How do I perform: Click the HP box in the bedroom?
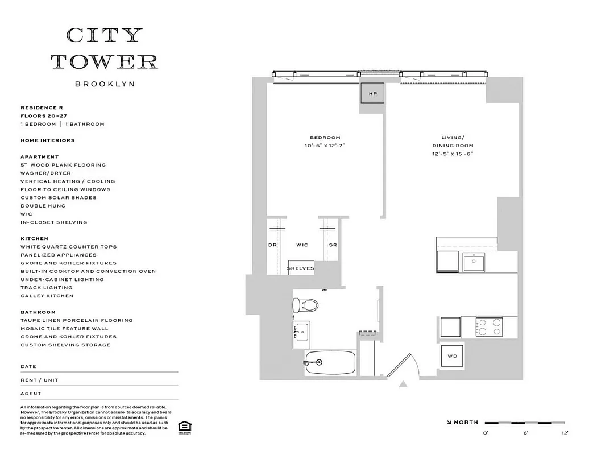pyautogui.click(x=373, y=93)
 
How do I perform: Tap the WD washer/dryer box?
pyautogui.click(x=452, y=356)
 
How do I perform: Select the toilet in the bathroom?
pyautogui.click(x=305, y=305)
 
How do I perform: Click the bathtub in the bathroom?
pyautogui.click(x=330, y=362)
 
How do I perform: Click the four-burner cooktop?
pyautogui.click(x=489, y=326)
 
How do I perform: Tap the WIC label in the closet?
pyautogui.click(x=302, y=245)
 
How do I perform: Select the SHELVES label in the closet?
pyautogui.click(x=300, y=268)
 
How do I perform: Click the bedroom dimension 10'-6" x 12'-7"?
pyautogui.click(x=325, y=146)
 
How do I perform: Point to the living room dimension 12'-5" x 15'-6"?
pyautogui.click(x=453, y=154)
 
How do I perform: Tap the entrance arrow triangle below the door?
pyautogui.click(x=404, y=384)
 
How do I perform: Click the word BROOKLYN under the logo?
pyautogui.click(x=105, y=84)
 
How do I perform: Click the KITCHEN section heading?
pyautogui.click(x=34, y=239)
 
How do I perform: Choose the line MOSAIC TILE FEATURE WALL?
pyautogui.click(x=64, y=329)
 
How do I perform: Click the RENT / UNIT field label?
pyautogui.click(x=39, y=380)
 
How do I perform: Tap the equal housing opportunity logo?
pyautogui.click(x=184, y=427)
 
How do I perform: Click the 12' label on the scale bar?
pyautogui.click(x=565, y=433)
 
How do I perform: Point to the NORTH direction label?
pyautogui.click(x=466, y=423)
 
